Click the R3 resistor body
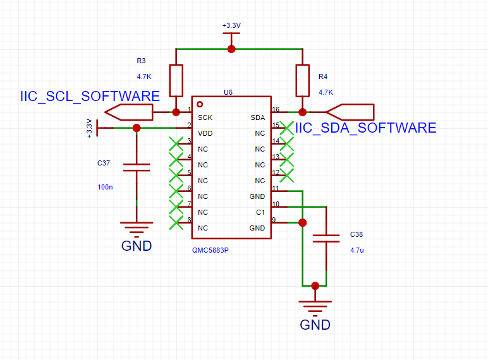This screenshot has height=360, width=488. [x=176, y=80]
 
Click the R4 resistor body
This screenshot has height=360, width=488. [x=303, y=80]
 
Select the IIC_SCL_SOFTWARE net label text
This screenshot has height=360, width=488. [x=90, y=97]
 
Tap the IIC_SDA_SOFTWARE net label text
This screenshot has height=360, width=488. [x=366, y=128]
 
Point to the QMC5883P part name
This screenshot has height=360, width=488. [x=210, y=250]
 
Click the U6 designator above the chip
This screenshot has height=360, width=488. [x=228, y=92]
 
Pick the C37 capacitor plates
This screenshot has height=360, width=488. [x=137, y=167]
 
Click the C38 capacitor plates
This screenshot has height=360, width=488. [x=326, y=239]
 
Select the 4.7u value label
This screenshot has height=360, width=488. [x=357, y=250]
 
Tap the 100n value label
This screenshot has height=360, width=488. [x=105, y=187]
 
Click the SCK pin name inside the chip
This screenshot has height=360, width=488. [x=205, y=117]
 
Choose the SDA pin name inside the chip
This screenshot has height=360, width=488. [x=258, y=117]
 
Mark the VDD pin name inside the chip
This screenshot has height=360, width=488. [x=205, y=133]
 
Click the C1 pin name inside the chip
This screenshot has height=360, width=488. [x=260, y=212]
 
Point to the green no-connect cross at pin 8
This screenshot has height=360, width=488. [x=176, y=222]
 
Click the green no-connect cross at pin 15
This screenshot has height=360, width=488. [x=286, y=128]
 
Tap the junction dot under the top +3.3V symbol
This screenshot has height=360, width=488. [x=231, y=49]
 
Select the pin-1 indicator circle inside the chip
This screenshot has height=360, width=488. [x=200, y=104]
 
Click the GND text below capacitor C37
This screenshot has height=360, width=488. [x=137, y=246]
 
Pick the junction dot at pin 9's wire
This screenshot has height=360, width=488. [x=303, y=222]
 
